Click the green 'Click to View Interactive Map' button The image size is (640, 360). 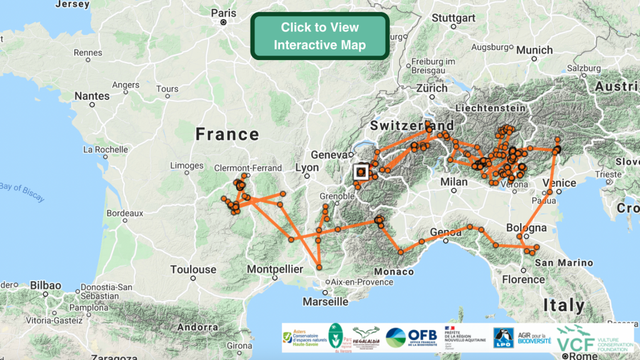pos(319,36)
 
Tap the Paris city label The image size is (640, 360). pos(224,12)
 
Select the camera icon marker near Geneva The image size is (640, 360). pos(361,171)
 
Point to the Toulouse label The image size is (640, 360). pos(193,270)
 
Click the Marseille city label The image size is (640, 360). pos(325,301)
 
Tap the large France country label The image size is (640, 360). pos(227,134)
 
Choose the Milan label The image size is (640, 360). pos(454,181)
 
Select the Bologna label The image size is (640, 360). pos(526,227)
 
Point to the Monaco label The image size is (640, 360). pos(394,272)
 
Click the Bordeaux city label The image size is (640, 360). pos(125,212)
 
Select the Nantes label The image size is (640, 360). pos(91,96)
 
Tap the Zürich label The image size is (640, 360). pos(432,89)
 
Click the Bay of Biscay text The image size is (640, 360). pos(22,192)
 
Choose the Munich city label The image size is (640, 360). pos(534,50)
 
